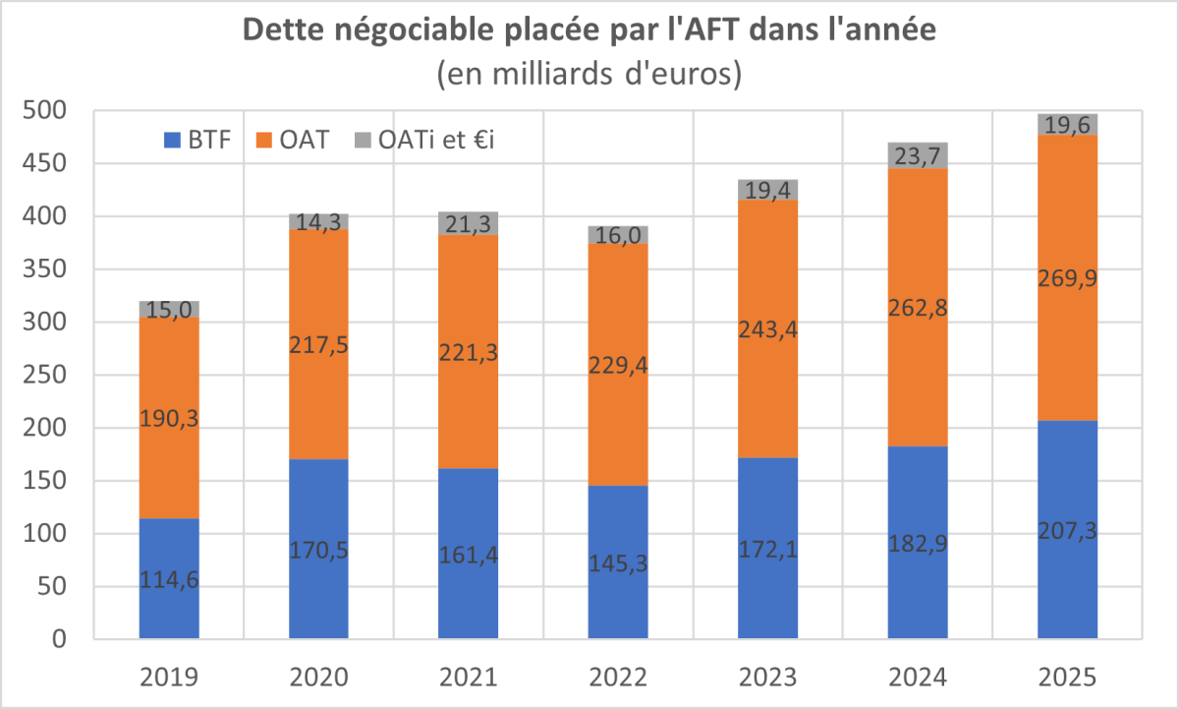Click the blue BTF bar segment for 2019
[x=169, y=551]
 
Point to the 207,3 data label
[x=1067, y=531]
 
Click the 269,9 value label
[x=1067, y=279]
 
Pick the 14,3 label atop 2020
[x=318, y=222]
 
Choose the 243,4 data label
[x=767, y=329]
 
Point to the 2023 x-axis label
[x=767, y=678]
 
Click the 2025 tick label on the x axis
[x=1067, y=678]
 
